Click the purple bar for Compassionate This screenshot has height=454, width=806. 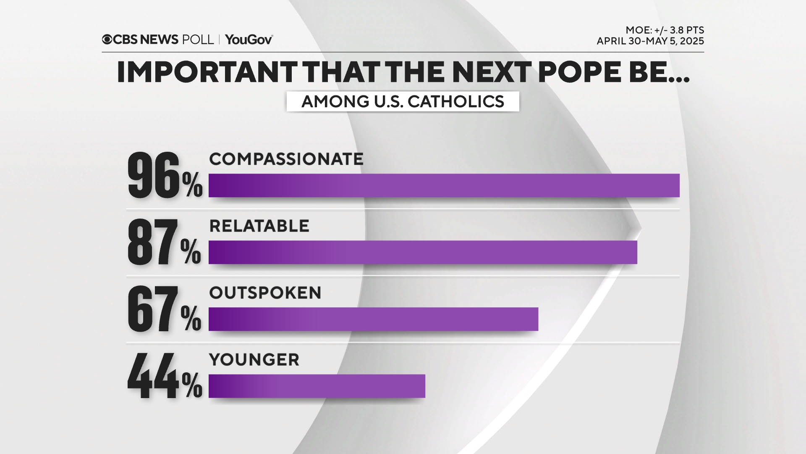pyautogui.click(x=444, y=185)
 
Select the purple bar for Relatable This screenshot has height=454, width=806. pyautogui.click(x=423, y=252)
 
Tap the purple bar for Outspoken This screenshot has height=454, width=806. pyautogui.click(x=373, y=319)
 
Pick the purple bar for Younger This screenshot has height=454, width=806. pyautogui.click(x=317, y=386)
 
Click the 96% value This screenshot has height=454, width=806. pyautogui.click(x=165, y=176)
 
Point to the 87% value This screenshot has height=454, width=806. pyautogui.click(x=164, y=243)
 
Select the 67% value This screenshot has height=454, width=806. pyautogui.click(x=164, y=309)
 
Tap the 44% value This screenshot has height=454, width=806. pyautogui.click(x=165, y=376)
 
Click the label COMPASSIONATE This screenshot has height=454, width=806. pyautogui.click(x=286, y=159)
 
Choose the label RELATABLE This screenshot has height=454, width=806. pyautogui.click(x=259, y=226)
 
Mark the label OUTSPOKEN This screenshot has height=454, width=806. pyautogui.click(x=265, y=293)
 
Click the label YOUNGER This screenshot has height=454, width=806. pyautogui.click(x=254, y=360)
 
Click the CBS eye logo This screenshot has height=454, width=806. pyautogui.click(x=107, y=40)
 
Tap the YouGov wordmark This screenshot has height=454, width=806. pyautogui.click(x=249, y=40)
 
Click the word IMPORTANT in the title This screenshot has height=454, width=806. pyautogui.click(x=207, y=72)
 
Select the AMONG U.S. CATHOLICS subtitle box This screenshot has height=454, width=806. pyautogui.click(x=403, y=101)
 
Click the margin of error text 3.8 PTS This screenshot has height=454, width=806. pyautogui.click(x=687, y=30)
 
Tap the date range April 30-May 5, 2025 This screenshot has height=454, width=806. pyautogui.click(x=650, y=41)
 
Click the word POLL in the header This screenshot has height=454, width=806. pyautogui.click(x=198, y=40)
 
